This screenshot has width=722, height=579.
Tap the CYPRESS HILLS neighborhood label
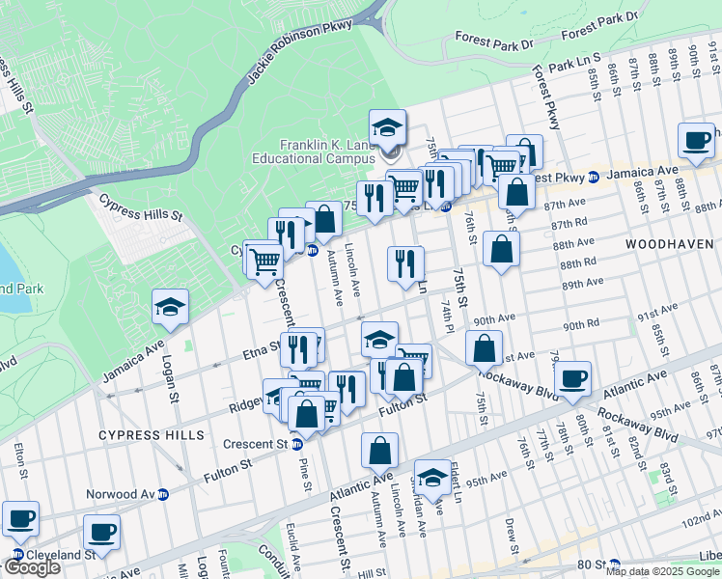coord(152,435)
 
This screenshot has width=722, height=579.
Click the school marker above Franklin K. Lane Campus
coord(387,128)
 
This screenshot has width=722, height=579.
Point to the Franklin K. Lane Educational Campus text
coord(328,152)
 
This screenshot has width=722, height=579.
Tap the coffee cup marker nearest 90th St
coord(695,141)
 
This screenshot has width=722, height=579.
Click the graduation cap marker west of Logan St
coord(170,308)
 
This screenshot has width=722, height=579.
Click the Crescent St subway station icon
coord(297,444)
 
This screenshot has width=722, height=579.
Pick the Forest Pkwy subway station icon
coord(595,176)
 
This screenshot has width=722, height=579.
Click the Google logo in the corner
coord(31,567)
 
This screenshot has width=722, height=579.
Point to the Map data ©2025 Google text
coord(662,571)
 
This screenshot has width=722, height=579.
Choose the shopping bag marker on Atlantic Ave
coord(380,451)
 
